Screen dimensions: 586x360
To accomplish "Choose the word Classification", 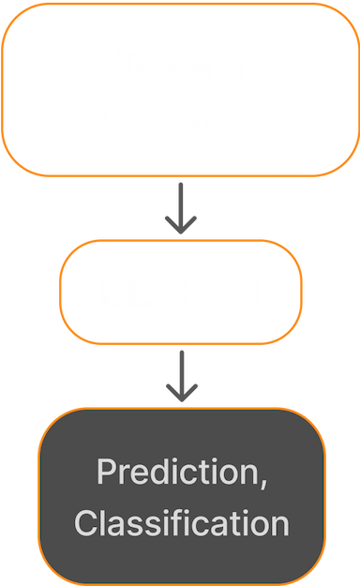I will (x=181, y=523).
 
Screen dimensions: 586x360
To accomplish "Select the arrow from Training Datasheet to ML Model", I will (x=180, y=207).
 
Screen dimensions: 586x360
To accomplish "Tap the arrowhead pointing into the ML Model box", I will (x=180, y=226).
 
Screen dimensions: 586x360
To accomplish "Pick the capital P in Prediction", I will (x=106, y=472).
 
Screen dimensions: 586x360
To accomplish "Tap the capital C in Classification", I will (x=86, y=523).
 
